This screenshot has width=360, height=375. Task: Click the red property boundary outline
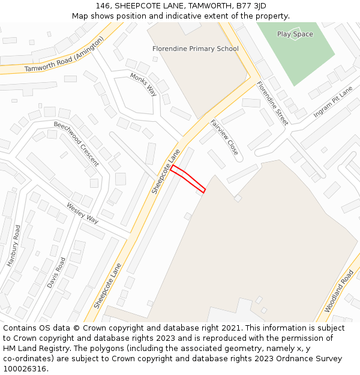coord(188,179)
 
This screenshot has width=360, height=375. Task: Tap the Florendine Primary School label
coord(196,49)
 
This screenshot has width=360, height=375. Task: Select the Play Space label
coord(295,34)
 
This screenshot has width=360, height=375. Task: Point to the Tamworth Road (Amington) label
coord(64,55)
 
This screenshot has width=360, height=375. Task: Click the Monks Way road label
coord(143,84)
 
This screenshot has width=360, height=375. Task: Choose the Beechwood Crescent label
coord(76,144)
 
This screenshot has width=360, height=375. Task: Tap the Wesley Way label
coord(82,213)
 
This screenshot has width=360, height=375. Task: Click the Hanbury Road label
coord(14,245)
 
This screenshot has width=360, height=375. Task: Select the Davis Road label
coord(56,272)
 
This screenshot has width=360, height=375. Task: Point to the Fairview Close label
coord(224,137)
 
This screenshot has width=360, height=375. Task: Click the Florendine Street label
coord(272,103)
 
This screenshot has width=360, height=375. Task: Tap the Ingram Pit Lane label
coord(333,101)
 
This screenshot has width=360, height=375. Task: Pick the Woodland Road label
coord(339,290)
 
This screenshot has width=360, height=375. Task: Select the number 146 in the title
coord(103,6)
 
